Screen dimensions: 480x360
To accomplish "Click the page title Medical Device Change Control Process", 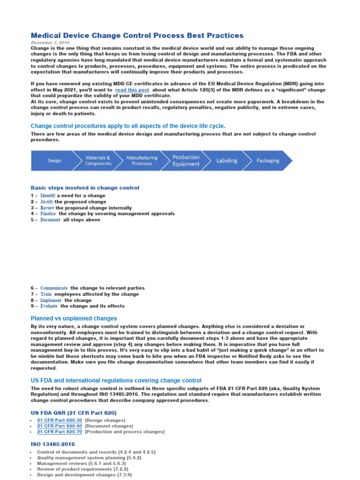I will [137, 36].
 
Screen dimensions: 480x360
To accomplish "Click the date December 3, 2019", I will [50, 43].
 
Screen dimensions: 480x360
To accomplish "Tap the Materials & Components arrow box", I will [98, 161].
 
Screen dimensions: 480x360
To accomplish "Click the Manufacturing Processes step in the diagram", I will [142, 161].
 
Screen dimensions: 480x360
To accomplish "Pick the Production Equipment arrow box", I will [186, 161].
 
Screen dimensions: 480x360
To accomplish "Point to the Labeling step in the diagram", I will [226, 161].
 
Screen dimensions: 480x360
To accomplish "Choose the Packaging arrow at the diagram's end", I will [268, 161].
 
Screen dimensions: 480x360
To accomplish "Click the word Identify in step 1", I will [48, 195].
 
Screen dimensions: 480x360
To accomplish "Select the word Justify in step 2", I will [47, 202].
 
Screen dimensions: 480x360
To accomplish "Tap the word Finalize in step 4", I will [48, 214].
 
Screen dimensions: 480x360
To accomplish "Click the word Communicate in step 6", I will [54, 288].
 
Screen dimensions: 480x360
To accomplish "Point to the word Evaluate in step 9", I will [49, 306].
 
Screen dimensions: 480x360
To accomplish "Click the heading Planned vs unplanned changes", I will [74, 318].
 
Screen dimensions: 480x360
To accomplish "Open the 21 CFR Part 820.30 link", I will [59, 420].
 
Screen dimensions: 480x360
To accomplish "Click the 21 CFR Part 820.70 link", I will [59, 432].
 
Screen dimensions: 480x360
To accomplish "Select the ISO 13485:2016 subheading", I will [52, 444].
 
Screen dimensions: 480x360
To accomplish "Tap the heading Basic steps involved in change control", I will [85, 188].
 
